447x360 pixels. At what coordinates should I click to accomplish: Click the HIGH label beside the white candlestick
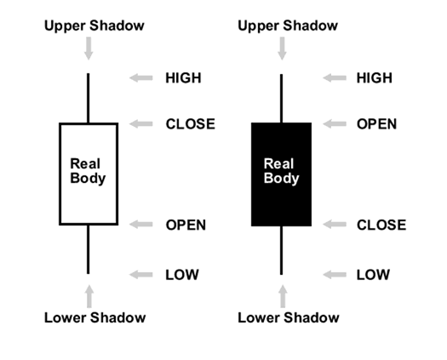(x=183, y=78)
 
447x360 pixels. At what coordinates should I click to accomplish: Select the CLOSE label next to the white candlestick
(x=190, y=124)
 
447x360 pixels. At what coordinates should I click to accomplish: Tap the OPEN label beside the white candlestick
(x=186, y=226)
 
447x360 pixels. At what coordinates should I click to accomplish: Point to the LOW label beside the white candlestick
(x=181, y=275)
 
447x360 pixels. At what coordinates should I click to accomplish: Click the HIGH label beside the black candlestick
(x=375, y=78)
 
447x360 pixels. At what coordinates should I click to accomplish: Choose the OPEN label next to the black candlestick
(x=376, y=124)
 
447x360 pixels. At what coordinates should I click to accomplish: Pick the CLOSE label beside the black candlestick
(x=381, y=226)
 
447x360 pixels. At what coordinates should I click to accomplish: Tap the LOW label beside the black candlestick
(x=373, y=275)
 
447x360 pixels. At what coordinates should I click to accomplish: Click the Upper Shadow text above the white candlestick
(x=94, y=26)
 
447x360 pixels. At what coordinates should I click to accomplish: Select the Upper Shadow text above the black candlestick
(x=288, y=26)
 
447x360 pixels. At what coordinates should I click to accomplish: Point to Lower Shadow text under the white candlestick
(x=95, y=318)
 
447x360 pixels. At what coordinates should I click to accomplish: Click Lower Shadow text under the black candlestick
(x=288, y=318)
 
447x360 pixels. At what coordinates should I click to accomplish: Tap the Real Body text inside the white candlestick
(x=88, y=171)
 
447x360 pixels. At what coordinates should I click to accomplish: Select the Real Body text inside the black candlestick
(x=281, y=171)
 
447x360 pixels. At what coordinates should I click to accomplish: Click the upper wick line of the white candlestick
(x=88, y=98)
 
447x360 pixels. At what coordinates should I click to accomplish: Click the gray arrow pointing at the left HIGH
(x=141, y=78)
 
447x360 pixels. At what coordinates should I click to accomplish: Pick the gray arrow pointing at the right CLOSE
(x=335, y=226)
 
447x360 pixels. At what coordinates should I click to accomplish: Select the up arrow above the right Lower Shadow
(x=282, y=296)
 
